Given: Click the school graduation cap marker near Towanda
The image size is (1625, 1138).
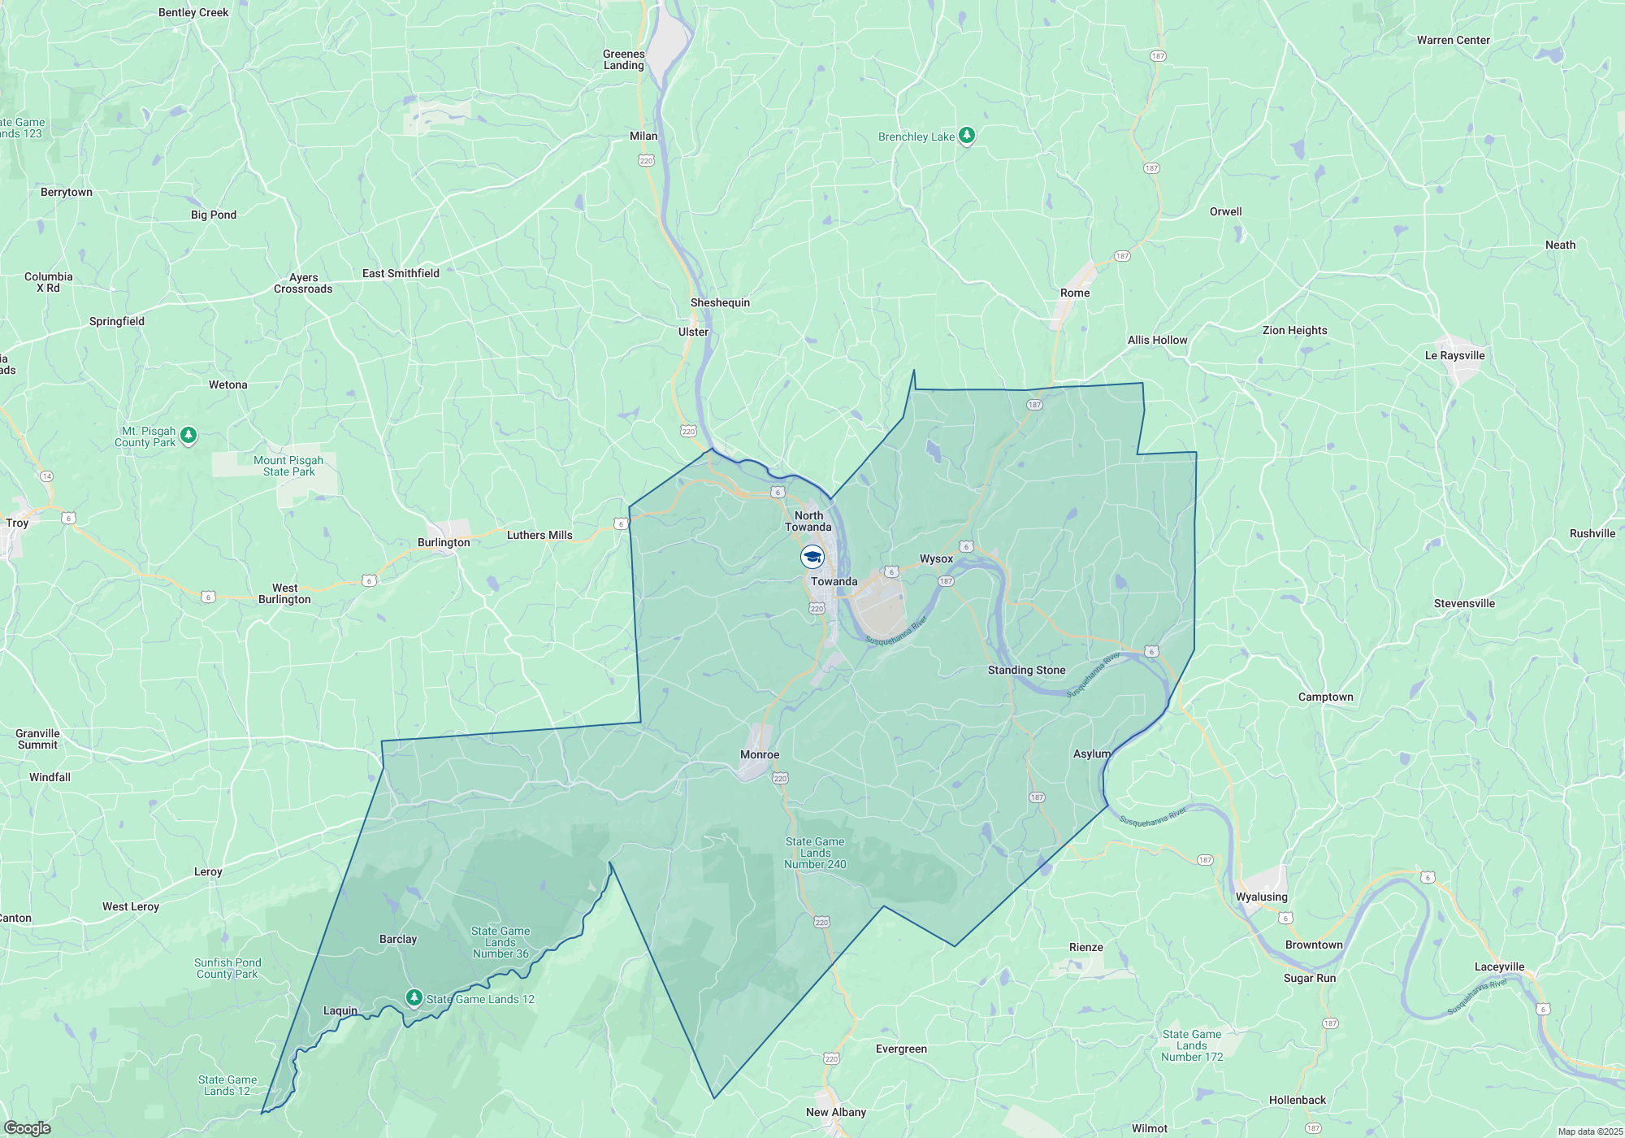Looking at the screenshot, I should coord(812,557).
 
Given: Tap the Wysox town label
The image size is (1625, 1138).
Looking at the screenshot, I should coord(936,559).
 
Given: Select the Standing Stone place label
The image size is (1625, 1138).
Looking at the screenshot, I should coord(1026,671).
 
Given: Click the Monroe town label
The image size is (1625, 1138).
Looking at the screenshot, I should coord(760,755).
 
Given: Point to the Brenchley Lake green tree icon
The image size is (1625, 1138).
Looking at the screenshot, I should coord(966,135).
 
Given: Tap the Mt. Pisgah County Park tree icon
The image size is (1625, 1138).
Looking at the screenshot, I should coord(188,436).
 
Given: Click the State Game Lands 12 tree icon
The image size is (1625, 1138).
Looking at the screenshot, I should coord(414,997).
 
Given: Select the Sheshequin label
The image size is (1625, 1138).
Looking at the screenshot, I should coord(720,303).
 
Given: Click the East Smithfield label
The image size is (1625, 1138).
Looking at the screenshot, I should coord(401,274).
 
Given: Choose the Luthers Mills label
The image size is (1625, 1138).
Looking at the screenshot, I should coord(539,536).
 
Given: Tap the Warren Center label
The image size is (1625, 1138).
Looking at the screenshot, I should coord(1453,41).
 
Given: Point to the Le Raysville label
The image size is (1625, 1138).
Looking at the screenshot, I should coord(1454,356).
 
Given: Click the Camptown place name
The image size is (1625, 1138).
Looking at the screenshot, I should coord(1325,697).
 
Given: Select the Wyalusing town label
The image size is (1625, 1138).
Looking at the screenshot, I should coord(1261,897).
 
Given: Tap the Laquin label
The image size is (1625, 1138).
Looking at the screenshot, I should coord(340,1011).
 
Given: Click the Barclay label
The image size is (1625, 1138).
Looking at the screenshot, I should coord(398,940).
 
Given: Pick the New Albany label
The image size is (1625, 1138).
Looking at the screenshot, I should coord(835,1113).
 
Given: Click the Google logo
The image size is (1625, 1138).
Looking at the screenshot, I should coord(27,1128).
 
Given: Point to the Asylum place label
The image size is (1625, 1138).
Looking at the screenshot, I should coord(1091,754).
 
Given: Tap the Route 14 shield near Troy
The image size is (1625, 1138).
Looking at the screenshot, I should coord(46,476).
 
